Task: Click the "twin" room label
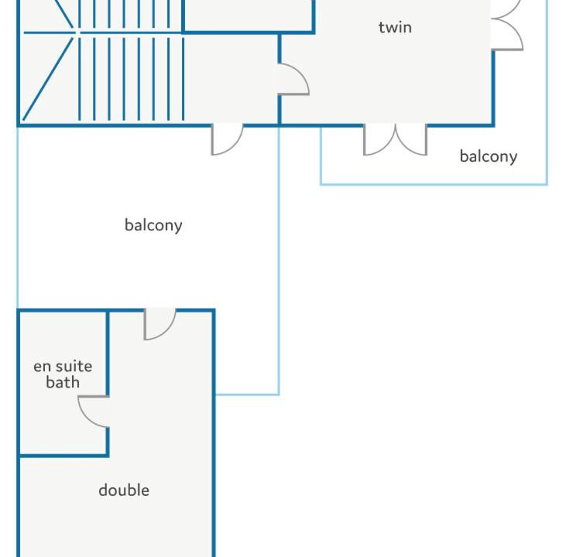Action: point(395,27)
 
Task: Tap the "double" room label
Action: point(124,490)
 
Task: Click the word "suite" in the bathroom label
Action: point(74,366)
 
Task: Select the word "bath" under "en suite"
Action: point(63,382)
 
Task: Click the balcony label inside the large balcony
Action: point(153,225)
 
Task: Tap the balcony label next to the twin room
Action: point(489,156)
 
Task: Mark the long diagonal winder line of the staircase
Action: point(48,78)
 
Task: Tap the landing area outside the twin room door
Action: point(231,78)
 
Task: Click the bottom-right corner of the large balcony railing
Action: point(279,395)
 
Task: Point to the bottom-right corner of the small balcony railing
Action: point(547,184)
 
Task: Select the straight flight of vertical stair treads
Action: point(131,60)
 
